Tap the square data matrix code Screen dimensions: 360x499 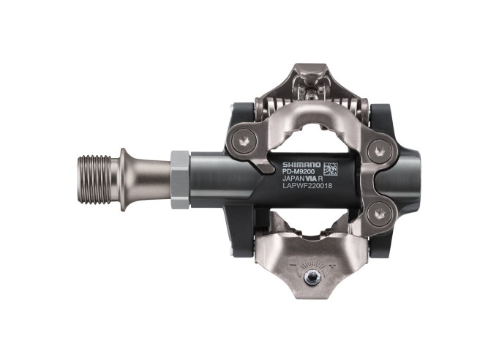click(331, 168)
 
